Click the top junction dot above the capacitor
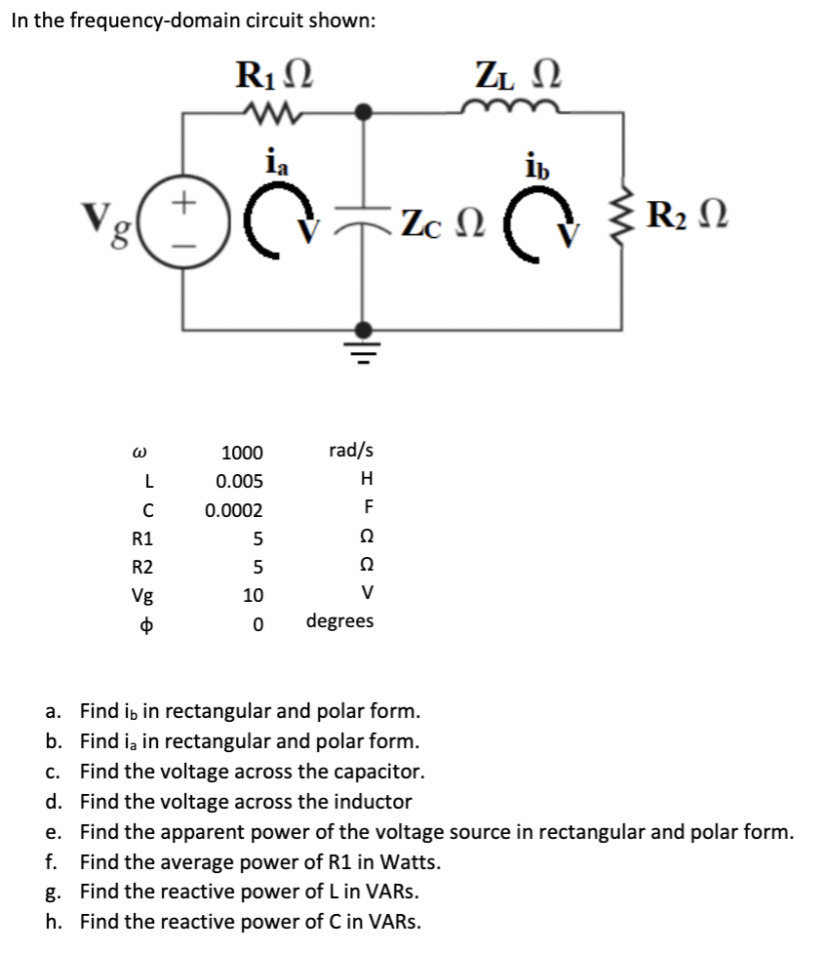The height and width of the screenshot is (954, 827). tap(366, 112)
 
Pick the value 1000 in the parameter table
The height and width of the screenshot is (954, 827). tap(242, 453)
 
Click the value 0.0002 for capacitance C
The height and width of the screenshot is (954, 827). tap(234, 510)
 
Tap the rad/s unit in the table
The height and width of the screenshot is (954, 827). tap(351, 451)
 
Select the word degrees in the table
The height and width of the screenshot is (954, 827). tap(339, 621)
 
